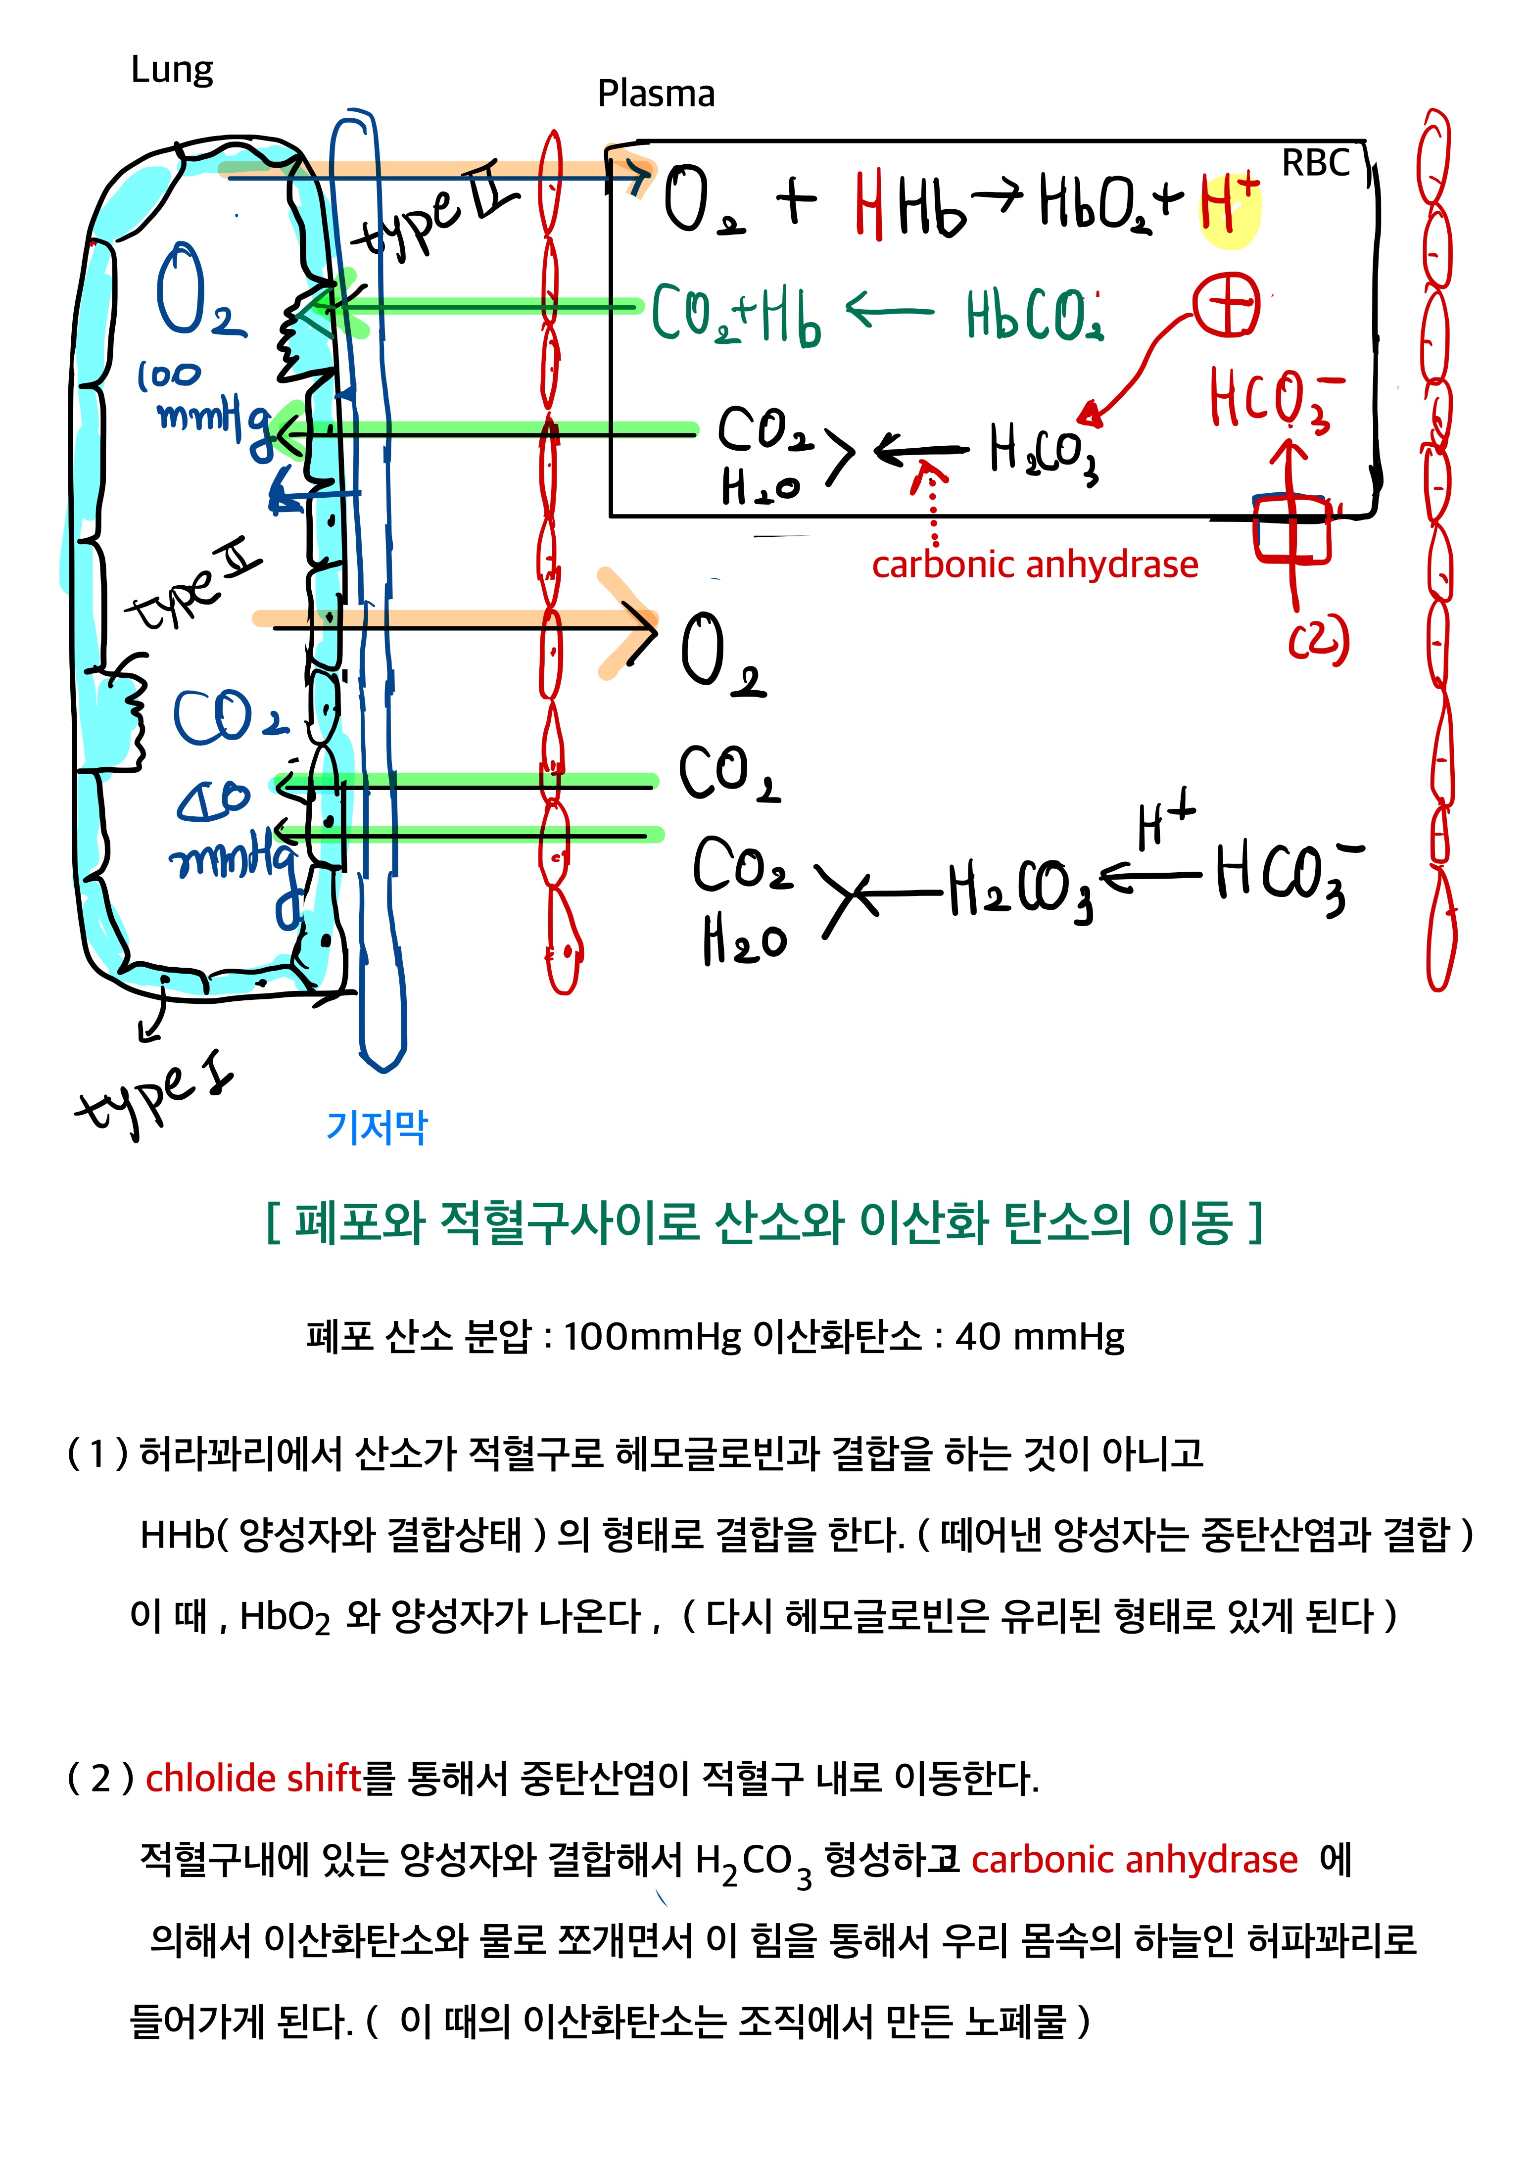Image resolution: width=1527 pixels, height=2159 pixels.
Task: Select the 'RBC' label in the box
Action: point(1315,164)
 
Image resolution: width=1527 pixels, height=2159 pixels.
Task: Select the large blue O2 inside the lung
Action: point(197,291)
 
